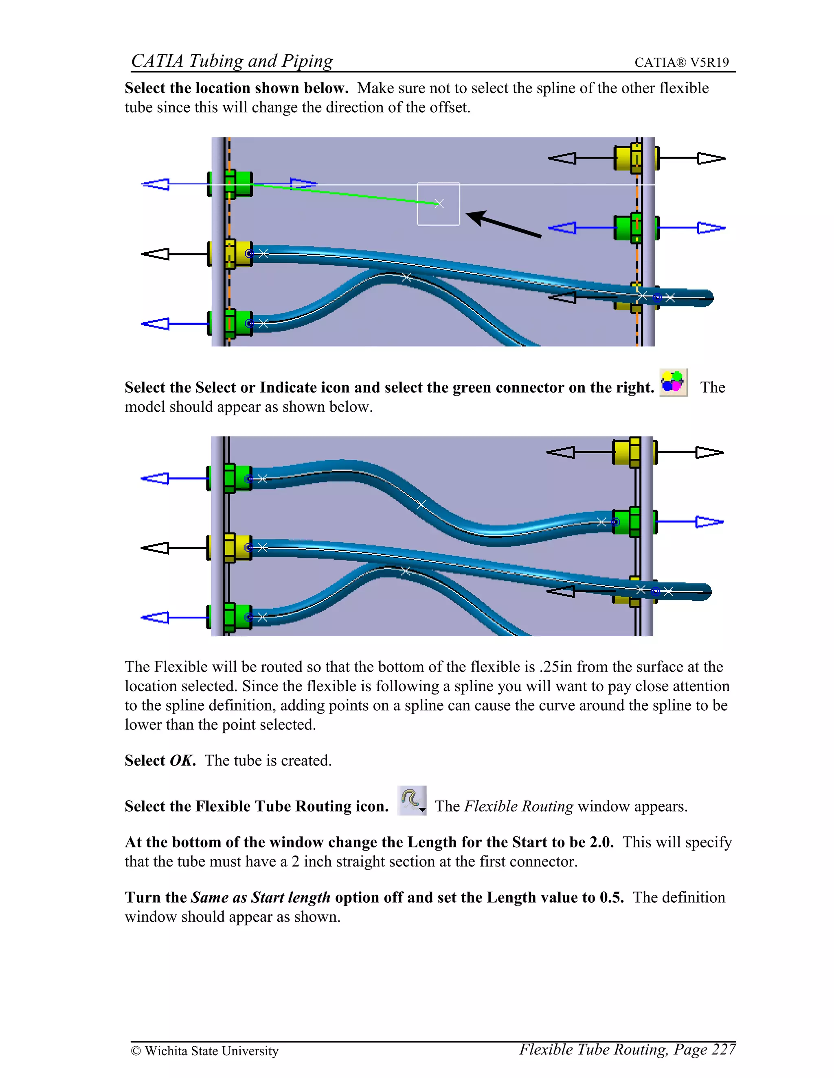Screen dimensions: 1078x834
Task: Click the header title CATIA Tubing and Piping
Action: [x=232, y=61]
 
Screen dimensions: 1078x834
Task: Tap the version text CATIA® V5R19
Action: [x=681, y=62]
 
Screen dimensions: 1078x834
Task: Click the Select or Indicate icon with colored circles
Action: [x=673, y=382]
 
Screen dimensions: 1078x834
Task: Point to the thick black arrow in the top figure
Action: [x=504, y=225]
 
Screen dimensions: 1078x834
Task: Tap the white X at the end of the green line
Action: [x=439, y=203]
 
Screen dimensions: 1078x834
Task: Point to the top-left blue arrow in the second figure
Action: [x=156, y=478]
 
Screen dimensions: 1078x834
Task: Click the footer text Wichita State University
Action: [x=211, y=1051]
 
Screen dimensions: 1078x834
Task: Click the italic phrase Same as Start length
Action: [x=260, y=897]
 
